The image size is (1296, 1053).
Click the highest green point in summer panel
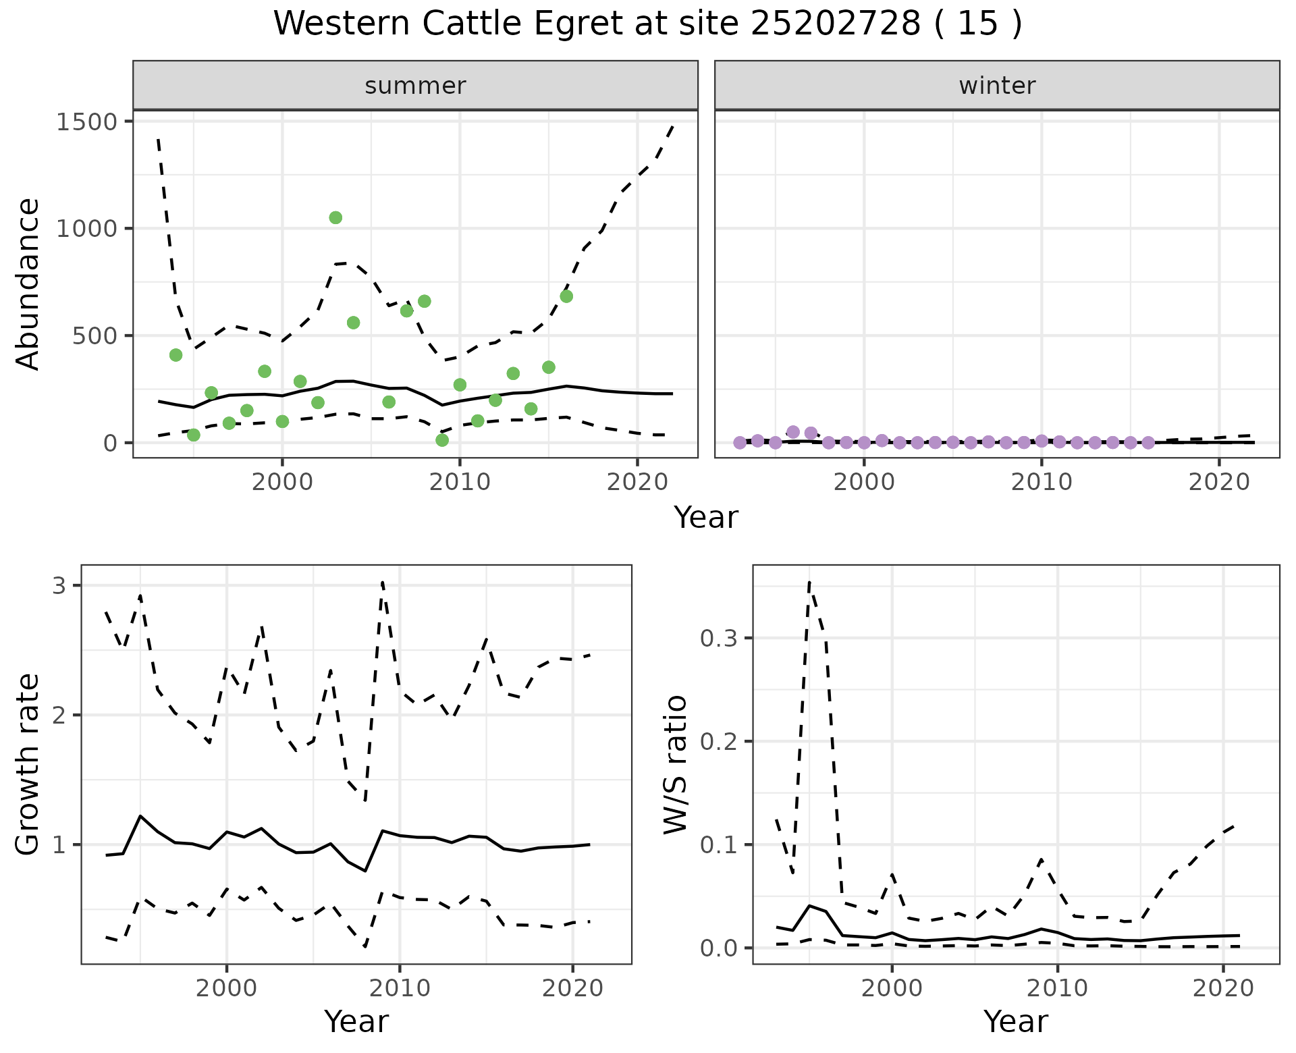pyautogui.click(x=335, y=217)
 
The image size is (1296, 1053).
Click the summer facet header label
pyautogui.click(x=415, y=86)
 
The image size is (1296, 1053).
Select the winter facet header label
pyautogui.click(x=997, y=86)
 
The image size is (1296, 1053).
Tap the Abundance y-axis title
pyautogui.click(x=28, y=283)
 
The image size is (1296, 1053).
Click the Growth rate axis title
pyautogui.click(x=28, y=764)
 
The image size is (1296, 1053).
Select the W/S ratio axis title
pyautogui.click(x=675, y=764)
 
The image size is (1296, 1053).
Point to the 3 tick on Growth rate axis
pyautogui.click(x=59, y=585)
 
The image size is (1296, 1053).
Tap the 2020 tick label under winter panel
pyautogui.click(x=1219, y=482)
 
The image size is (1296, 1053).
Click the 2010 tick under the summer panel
pyautogui.click(x=460, y=482)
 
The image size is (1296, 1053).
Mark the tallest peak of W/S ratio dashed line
pyautogui.click(x=809, y=582)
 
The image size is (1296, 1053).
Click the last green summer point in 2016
pyautogui.click(x=566, y=296)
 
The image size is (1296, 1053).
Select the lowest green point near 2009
pyautogui.click(x=442, y=440)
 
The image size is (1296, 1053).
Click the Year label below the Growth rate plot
pyautogui.click(x=356, y=1021)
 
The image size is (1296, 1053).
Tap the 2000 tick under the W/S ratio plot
pyautogui.click(x=892, y=989)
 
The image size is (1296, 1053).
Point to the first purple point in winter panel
pyautogui.click(x=740, y=443)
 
